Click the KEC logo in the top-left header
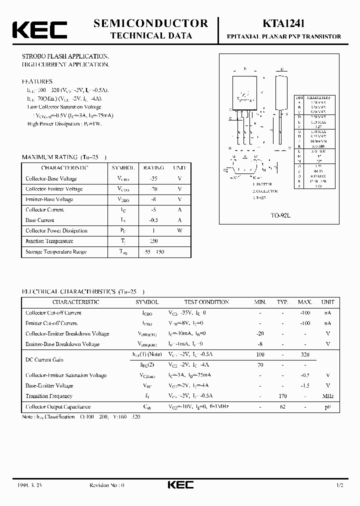click(x=38, y=30)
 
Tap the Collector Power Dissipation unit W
click(x=179, y=230)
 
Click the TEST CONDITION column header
click(x=206, y=302)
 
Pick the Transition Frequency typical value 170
click(x=283, y=396)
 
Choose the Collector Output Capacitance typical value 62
click(x=283, y=406)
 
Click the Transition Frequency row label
click(x=49, y=396)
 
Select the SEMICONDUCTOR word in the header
click(x=150, y=23)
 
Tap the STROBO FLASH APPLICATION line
click(x=65, y=56)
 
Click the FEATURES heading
click(x=36, y=81)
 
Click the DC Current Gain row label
click(x=44, y=359)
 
